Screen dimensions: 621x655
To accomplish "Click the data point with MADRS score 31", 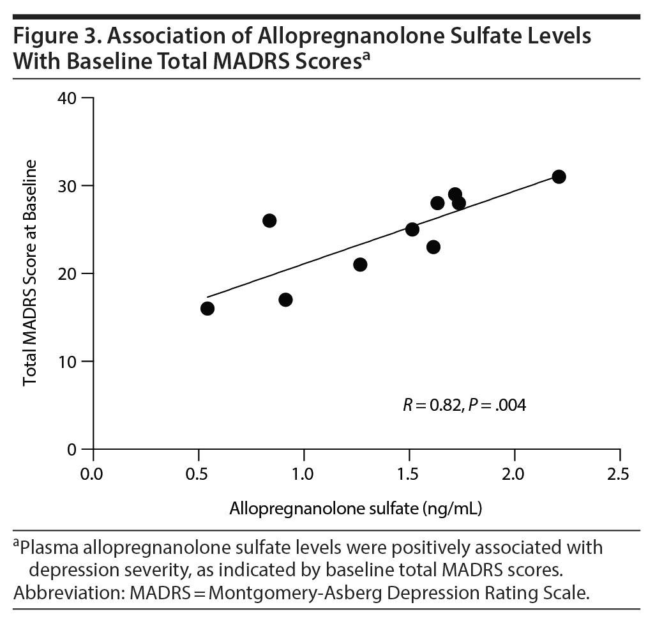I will (559, 177).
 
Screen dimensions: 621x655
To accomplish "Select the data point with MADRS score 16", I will (207, 309).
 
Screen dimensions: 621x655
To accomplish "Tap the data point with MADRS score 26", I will (269, 221).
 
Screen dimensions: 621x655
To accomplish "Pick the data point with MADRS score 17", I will (285, 300).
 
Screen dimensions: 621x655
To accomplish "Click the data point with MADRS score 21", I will (360, 264).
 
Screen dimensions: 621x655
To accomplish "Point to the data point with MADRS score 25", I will (412, 229).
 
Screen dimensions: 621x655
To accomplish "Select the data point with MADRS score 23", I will (433, 247).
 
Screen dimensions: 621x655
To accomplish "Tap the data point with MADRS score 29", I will (455, 194).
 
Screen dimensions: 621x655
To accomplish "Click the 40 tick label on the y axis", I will (67, 98).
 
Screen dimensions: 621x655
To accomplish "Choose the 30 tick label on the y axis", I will (67, 186).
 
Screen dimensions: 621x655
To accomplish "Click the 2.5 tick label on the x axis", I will (619, 475).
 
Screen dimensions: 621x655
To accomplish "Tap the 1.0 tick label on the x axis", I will (303, 475).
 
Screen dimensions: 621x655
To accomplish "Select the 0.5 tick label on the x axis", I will (199, 475).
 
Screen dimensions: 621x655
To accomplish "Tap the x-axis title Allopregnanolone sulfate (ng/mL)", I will (356, 509).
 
